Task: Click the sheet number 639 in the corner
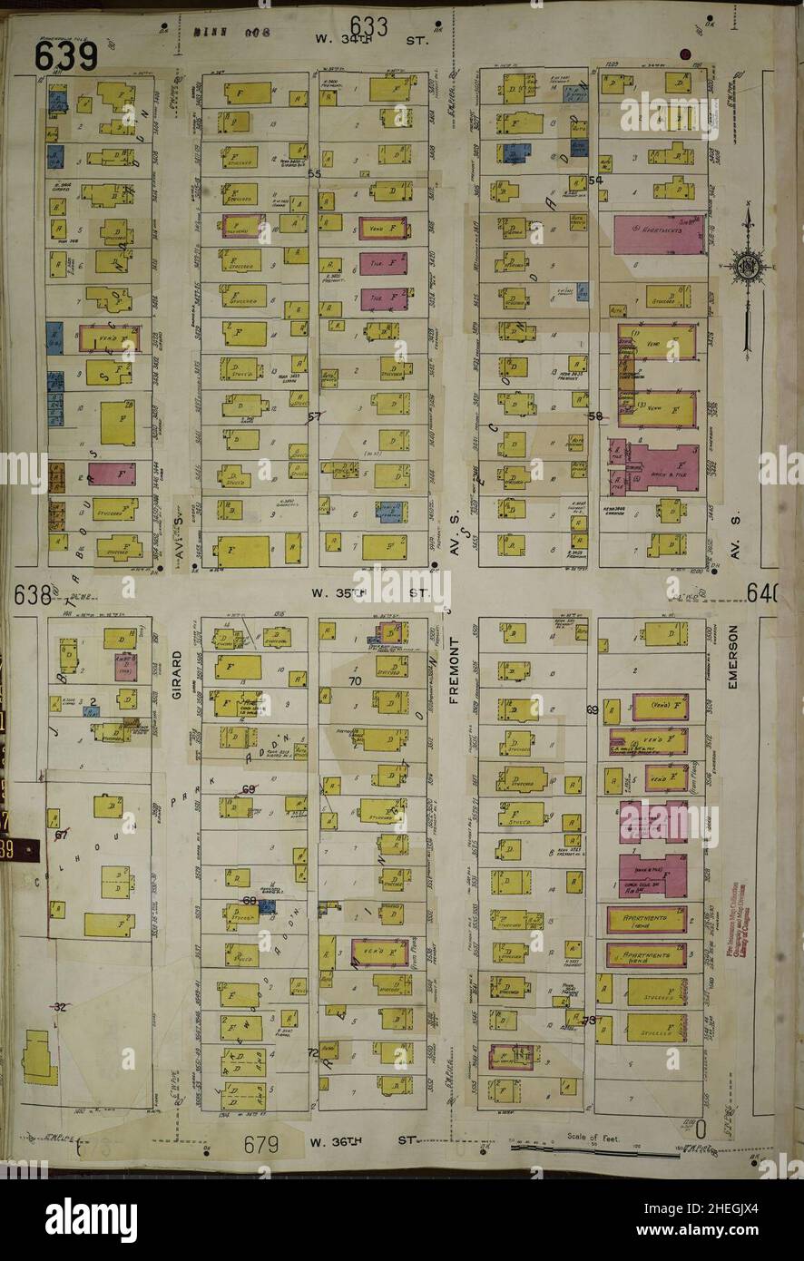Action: click(x=66, y=56)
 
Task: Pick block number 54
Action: click(x=596, y=181)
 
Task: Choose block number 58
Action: click(x=595, y=416)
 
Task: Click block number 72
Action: click(x=313, y=1053)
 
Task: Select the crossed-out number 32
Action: click(x=61, y=1007)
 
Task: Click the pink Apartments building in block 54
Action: click(x=659, y=234)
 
